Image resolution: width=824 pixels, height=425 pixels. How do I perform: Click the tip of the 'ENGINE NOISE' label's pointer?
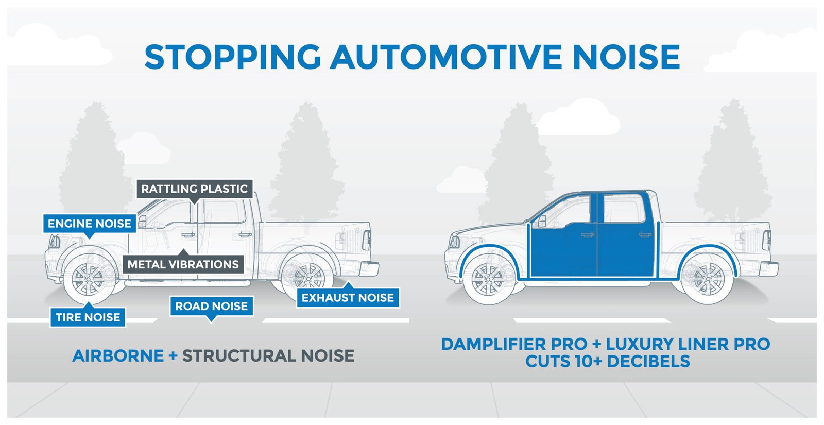[89, 239]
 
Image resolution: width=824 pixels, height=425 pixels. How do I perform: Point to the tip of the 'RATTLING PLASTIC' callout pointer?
[194, 205]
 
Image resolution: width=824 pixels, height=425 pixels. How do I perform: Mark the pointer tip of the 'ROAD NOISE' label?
[211, 322]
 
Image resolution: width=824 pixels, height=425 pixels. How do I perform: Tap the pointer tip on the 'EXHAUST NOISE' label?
[348, 282]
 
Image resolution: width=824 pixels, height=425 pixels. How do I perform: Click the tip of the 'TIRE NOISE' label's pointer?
[88, 302]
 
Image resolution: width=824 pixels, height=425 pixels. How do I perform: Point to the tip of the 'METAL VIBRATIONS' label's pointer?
[183, 249]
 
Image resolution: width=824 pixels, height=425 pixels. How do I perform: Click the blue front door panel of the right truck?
[563, 250]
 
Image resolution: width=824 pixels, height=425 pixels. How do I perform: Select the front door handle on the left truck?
[188, 235]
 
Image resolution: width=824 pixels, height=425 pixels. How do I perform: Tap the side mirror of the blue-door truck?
[542, 221]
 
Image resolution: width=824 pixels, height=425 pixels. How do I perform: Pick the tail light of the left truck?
[367, 240]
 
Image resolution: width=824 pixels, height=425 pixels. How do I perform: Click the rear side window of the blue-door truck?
[624, 208]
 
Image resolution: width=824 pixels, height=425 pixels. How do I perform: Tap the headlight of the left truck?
[55, 242]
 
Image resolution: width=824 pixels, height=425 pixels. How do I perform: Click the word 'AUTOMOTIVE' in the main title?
[446, 57]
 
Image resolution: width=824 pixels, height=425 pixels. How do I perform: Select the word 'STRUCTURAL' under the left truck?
[239, 356]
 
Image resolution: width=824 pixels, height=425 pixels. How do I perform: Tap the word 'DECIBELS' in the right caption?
[648, 361]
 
